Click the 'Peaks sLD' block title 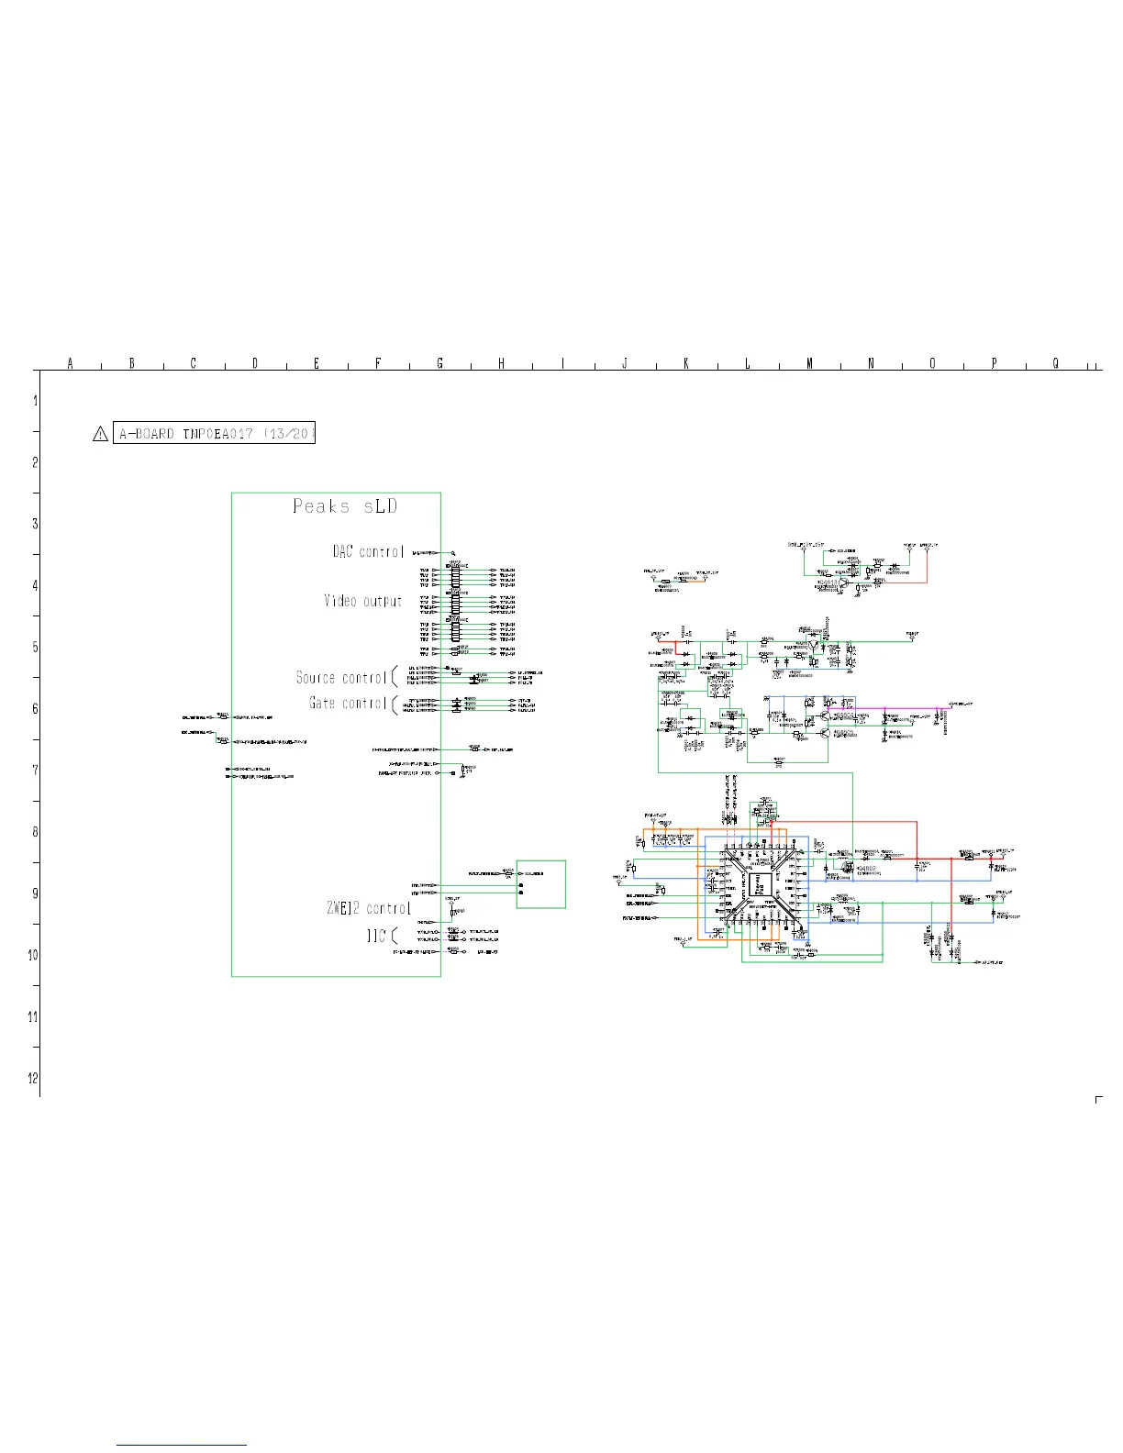(345, 506)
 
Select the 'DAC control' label (368, 551)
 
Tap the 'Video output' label (363, 601)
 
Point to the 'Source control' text (341, 678)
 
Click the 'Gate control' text (348, 704)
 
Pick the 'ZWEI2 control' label (368, 908)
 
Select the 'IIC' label (376, 937)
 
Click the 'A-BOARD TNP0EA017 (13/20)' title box (215, 434)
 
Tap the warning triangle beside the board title (101, 434)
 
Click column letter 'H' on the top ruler (501, 363)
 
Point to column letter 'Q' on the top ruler (1055, 363)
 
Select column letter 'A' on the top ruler (70, 363)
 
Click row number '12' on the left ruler (33, 1078)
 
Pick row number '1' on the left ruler (35, 401)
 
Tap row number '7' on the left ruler (35, 770)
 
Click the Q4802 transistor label (866, 868)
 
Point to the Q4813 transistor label (828, 581)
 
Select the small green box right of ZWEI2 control (541, 884)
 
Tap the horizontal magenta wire (890, 707)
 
